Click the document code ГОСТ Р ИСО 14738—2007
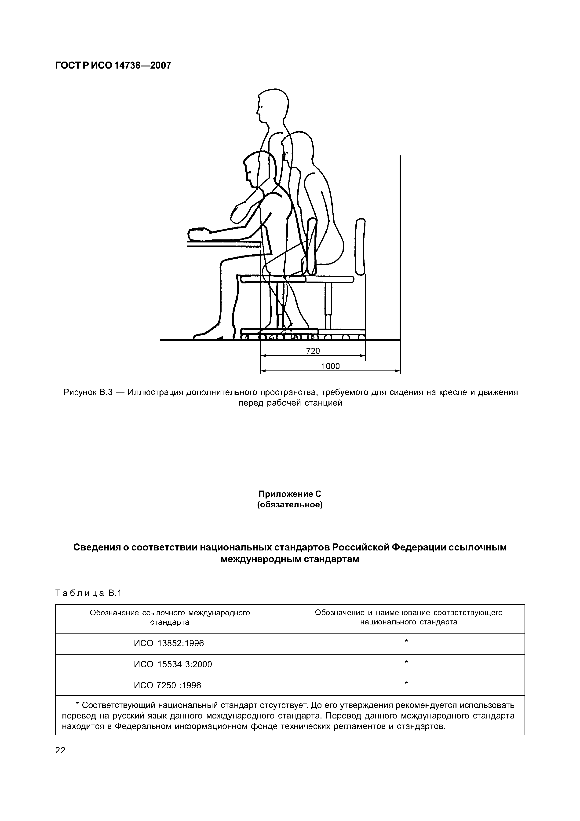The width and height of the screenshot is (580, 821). click(x=113, y=66)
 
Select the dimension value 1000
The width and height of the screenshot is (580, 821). click(x=331, y=366)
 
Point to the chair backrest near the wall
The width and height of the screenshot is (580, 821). click(x=361, y=247)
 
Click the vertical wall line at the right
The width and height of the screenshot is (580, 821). click(x=400, y=250)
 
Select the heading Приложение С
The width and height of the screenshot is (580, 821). click(x=290, y=494)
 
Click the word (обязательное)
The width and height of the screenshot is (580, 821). click(x=290, y=505)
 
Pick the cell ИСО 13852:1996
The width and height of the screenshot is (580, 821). click(x=169, y=643)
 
